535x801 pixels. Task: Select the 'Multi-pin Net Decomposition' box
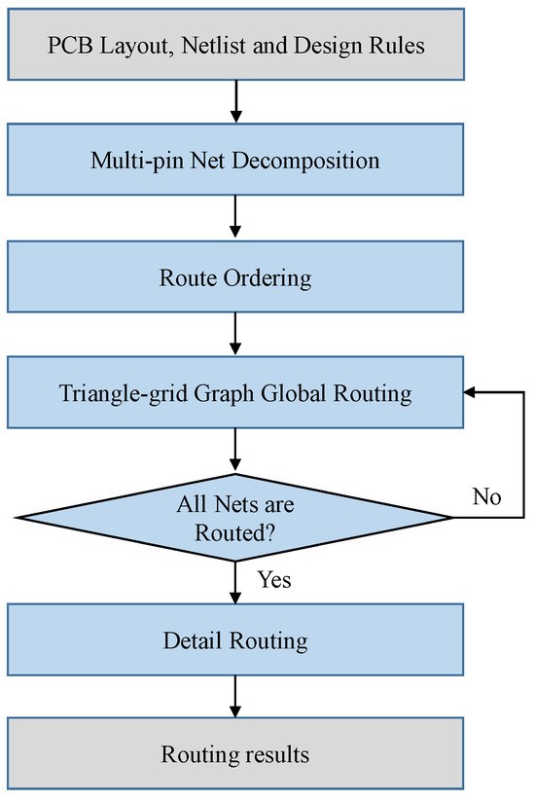coord(235,161)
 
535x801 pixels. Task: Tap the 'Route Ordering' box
coord(235,278)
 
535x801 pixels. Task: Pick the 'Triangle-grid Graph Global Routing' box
coord(235,394)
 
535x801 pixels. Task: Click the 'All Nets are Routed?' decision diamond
coord(235,518)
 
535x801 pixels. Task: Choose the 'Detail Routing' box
coord(235,640)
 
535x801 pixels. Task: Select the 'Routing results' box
coord(235,754)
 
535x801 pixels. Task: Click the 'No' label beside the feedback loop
coord(486,497)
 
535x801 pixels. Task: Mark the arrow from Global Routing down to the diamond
coord(235,452)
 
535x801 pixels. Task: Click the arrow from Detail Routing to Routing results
coord(235,699)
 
